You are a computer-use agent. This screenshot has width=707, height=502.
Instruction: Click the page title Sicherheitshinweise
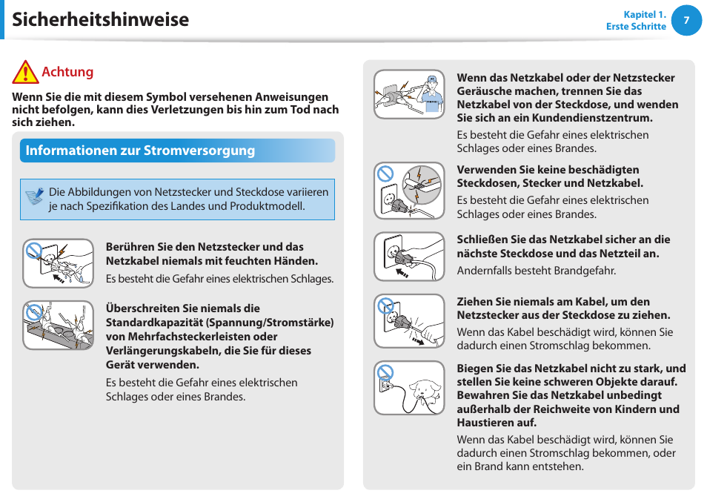[x=101, y=19]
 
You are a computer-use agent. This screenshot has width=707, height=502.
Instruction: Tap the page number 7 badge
[x=686, y=21]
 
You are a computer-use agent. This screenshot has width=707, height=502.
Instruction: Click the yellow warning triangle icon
[x=24, y=72]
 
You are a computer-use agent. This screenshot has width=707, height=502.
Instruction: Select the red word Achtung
[x=67, y=72]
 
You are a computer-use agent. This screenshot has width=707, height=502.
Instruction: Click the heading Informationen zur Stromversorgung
[x=140, y=151]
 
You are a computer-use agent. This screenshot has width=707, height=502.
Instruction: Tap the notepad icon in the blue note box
[x=34, y=197]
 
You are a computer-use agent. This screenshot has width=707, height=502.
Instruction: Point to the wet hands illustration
[x=58, y=262]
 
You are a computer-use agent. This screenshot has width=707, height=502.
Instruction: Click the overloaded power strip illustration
[x=58, y=325]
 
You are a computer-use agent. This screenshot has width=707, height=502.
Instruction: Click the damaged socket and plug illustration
[x=409, y=191]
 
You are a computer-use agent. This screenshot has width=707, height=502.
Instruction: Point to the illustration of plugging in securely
[x=409, y=257]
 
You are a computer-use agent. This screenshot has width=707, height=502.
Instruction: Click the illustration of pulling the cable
[x=409, y=321]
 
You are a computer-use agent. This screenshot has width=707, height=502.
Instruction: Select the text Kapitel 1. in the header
[x=645, y=14]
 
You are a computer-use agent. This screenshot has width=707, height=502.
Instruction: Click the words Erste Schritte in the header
[x=636, y=27]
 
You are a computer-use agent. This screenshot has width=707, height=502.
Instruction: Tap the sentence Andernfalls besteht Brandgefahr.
[x=536, y=271]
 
